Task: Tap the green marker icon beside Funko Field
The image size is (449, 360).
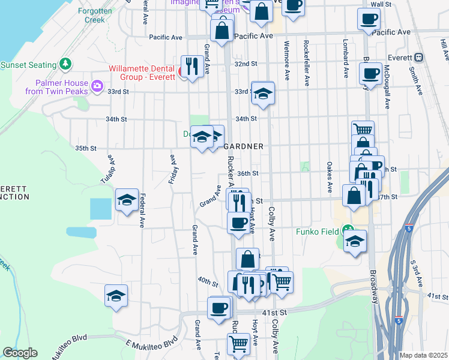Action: pos(348,230)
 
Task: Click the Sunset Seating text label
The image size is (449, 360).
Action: pos(28,65)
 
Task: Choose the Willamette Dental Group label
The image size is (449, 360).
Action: pos(142,72)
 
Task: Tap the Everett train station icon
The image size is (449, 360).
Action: pos(419,58)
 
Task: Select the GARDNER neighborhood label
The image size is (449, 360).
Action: pos(243,146)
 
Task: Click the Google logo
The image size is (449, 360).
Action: pos(20,353)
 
